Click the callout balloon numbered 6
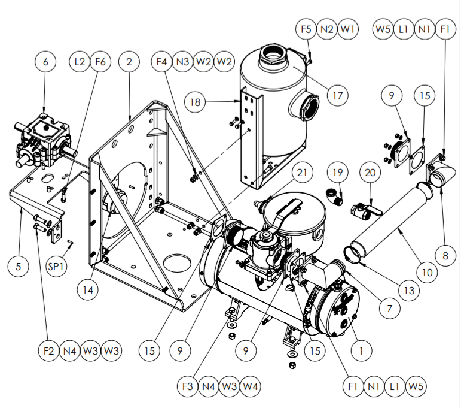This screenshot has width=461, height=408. [45, 61]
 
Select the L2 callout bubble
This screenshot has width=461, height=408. [81, 61]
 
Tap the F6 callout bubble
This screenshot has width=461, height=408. [100, 61]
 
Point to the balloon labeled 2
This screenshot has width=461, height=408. [129, 61]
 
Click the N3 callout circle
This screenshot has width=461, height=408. [183, 61]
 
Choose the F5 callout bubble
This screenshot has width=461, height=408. [307, 29]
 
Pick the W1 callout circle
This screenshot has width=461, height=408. [348, 29]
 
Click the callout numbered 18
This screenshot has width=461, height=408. [195, 102]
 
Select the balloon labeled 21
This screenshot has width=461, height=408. [303, 173]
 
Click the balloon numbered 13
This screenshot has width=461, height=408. [408, 291]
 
